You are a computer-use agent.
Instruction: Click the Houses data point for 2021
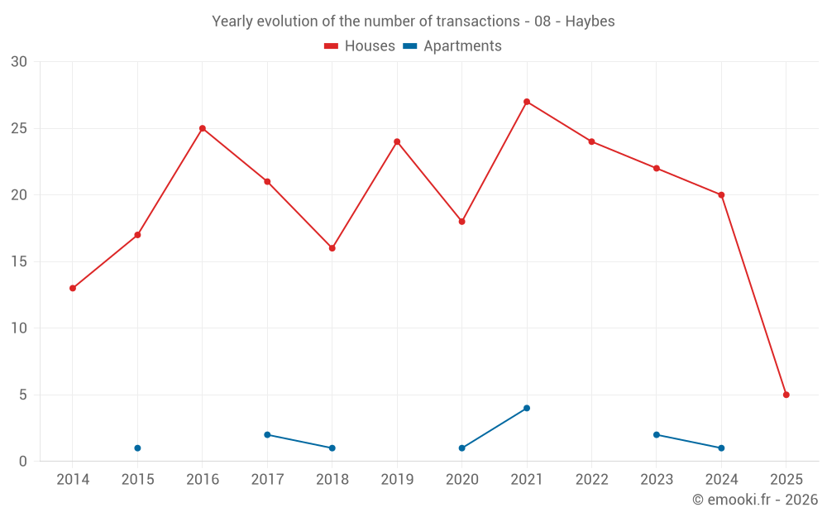[x=527, y=102]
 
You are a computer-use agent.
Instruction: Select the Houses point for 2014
[x=73, y=289]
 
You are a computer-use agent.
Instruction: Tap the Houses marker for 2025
[x=786, y=395]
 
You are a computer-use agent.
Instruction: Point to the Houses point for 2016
[x=203, y=128]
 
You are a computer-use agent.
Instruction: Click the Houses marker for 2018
[x=332, y=248]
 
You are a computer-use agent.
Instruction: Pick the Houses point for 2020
[x=462, y=222]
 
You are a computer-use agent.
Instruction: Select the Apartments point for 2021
[x=527, y=408]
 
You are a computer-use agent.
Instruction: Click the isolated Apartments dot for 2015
[x=137, y=448]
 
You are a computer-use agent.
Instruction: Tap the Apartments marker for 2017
[x=267, y=434]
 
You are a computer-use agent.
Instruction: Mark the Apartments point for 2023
[x=657, y=434]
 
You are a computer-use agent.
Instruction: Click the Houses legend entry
[x=360, y=46]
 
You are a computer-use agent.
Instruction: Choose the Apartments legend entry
[x=452, y=46]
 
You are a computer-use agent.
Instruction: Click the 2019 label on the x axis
[x=397, y=480]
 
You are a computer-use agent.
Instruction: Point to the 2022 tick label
[x=591, y=480]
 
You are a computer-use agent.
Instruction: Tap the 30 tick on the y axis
[x=19, y=62]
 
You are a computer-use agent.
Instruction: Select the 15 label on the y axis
[x=19, y=261]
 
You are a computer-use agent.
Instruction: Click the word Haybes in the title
[x=590, y=22]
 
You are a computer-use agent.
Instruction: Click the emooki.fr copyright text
[x=755, y=500]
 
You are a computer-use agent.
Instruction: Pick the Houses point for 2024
[x=721, y=195]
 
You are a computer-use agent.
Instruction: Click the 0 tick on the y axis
[x=23, y=462]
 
